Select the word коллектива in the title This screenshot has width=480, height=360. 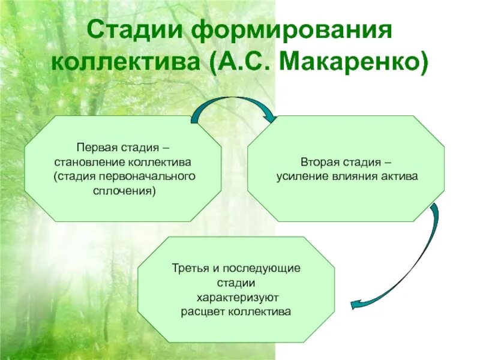(127, 62)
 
